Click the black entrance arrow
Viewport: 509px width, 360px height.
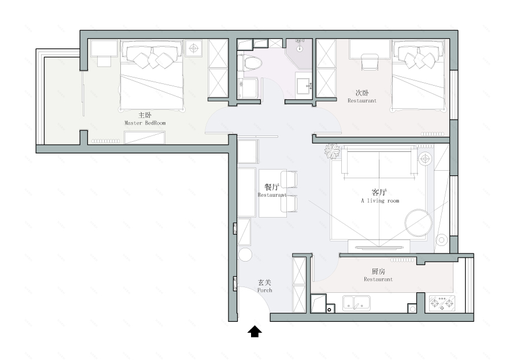[x=254, y=332]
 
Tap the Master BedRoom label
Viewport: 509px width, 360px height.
[x=145, y=123]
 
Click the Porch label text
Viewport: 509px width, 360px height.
[x=264, y=290]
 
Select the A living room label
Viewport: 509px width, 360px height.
[x=380, y=201]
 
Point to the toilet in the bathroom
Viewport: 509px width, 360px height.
[x=251, y=63]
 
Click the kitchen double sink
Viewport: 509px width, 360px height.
[x=356, y=303]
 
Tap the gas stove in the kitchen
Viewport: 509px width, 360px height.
[x=442, y=303]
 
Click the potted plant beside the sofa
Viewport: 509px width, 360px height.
[x=332, y=152]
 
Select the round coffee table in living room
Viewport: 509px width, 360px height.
[x=418, y=223]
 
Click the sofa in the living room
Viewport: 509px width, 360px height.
[x=379, y=162]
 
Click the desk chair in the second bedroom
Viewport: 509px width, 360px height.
[x=370, y=62]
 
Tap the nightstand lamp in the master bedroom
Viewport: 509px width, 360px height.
[x=194, y=49]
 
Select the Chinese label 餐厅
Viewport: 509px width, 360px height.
[x=272, y=187]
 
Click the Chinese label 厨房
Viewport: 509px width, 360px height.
[x=378, y=271]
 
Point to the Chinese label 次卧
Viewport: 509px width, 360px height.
[x=362, y=93]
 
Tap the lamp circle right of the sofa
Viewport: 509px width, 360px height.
[x=425, y=159]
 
